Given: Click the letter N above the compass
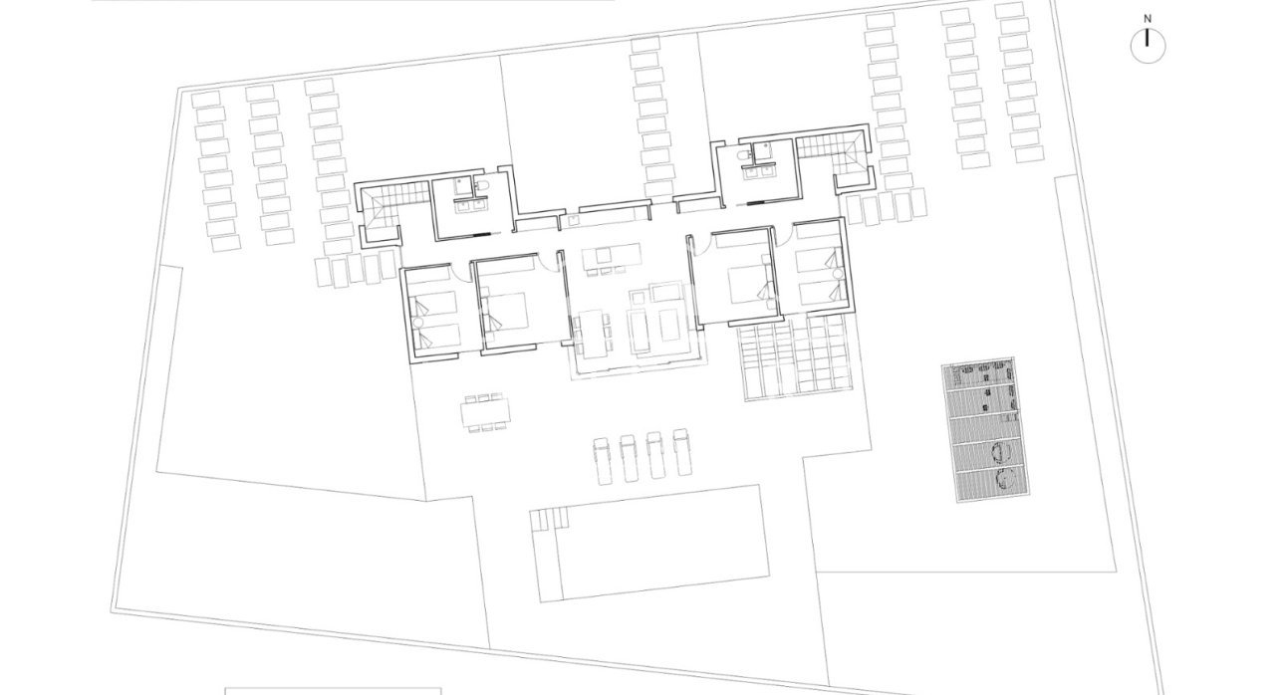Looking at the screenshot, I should (1148, 18).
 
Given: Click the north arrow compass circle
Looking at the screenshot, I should (1148, 46).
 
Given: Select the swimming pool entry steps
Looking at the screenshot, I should (547, 518).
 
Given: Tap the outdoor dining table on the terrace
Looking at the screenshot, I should (484, 412).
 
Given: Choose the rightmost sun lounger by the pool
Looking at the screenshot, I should (682, 453).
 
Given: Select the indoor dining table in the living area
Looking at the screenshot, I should (595, 333).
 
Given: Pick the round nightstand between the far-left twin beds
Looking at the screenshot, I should (418, 322).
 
